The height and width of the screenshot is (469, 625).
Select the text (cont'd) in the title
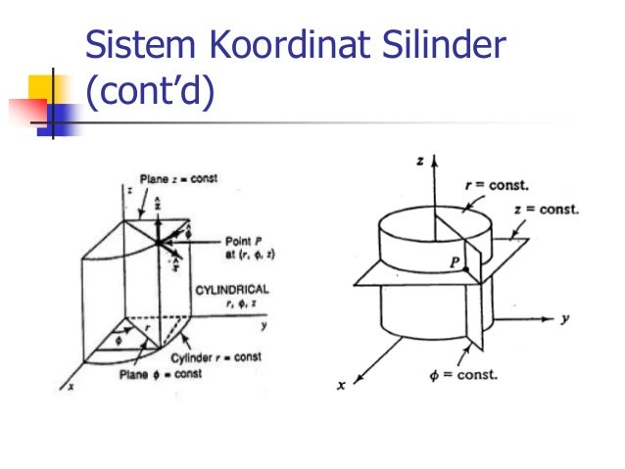click(x=149, y=96)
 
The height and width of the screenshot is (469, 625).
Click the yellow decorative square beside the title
click(x=46, y=86)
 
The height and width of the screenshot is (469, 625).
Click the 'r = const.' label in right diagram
click(x=496, y=185)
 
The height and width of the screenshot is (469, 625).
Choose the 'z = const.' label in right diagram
click(x=547, y=210)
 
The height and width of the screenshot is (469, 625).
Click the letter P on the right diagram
click(x=454, y=262)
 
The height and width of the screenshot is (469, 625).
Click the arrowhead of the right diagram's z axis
click(x=433, y=158)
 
